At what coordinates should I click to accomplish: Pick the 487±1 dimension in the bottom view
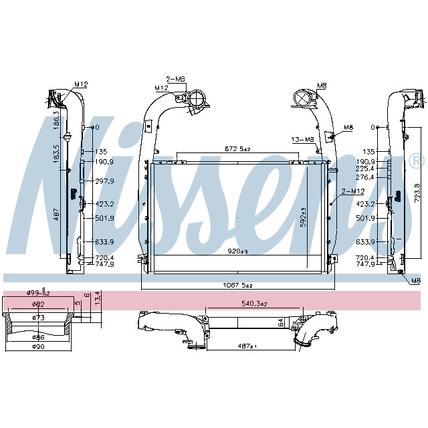pyautogui.click(x=245, y=346)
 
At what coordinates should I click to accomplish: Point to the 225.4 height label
pyautogui.click(x=365, y=169)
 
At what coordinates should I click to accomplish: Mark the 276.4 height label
pyautogui.click(x=365, y=177)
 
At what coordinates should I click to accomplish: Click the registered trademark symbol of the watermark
pyautogui.click(x=416, y=161)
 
